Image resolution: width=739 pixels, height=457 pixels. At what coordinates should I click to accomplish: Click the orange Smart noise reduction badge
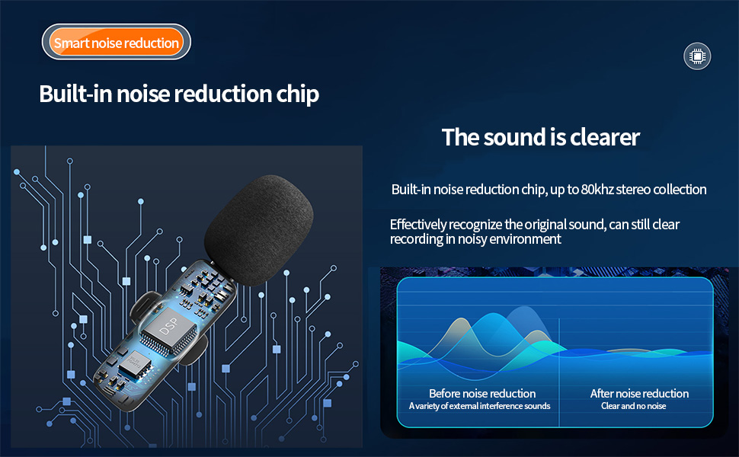pyautogui.click(x=116, y=43)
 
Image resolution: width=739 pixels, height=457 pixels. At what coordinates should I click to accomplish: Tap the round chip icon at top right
pyautogui.click(x=696, y=56)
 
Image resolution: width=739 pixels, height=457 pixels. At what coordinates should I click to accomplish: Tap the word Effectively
pyautogui.click(x=421, y=225)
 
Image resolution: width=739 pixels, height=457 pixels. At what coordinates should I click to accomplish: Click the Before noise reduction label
pyautogui.click(x=482, y=393)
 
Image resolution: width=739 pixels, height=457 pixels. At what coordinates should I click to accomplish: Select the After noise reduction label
pyautogui.click(x=639, y=393)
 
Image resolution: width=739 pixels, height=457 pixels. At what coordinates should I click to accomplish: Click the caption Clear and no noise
pyautogui.click(x=633, y=406)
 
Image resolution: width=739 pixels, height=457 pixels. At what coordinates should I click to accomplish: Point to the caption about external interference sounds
pyautogui.click(x=479, y=406)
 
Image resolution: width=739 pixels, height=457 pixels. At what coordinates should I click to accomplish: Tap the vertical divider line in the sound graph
pyautogui.click(x=560, y=358)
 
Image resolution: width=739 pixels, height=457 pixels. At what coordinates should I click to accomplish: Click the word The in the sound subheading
pyautogui.click(x=459, y=137)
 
